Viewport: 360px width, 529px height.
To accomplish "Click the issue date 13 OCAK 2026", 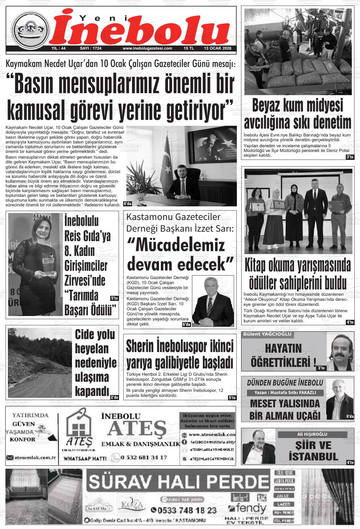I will coord(218,49).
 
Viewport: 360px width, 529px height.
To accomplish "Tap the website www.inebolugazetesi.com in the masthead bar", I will coord(147,49).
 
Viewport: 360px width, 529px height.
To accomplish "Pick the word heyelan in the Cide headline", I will coord(92,349).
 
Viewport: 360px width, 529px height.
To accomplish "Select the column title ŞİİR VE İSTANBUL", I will coord(309,451).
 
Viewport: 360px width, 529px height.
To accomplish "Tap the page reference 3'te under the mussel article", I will coord(350,157).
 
